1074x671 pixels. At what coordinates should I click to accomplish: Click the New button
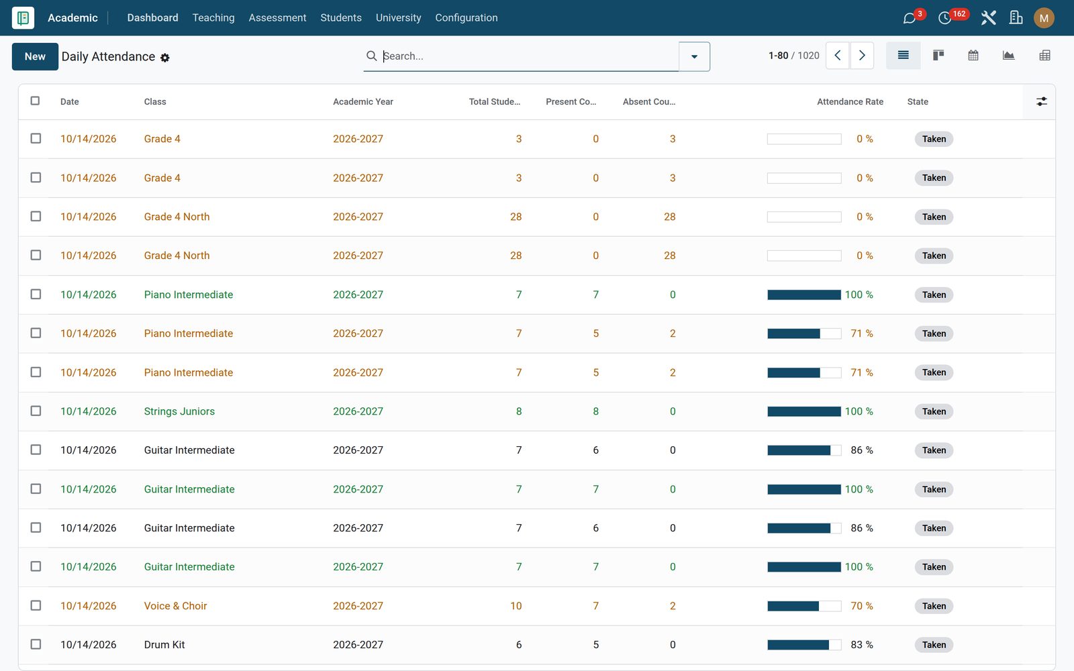(35, 56)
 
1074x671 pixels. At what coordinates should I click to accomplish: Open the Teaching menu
(213, 17)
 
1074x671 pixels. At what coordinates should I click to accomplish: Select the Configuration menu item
(467, 17)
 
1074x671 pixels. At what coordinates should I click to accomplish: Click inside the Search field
(528, 56)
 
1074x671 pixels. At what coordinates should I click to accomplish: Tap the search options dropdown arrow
(694, 56)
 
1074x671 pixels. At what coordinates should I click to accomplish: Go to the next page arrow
(862, 56)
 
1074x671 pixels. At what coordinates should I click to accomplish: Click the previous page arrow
(838, 56)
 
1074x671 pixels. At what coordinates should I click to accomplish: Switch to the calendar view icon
(973, 56)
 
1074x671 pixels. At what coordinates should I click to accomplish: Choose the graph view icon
(1008, 56)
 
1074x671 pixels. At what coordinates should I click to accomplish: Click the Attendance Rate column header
(850, 101)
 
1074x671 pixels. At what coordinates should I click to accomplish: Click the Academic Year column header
(363, 101)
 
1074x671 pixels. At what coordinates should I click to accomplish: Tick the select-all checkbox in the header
(35, 101)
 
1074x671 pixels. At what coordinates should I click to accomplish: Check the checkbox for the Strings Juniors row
(36, 411)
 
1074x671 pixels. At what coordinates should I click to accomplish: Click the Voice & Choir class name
(175, 606)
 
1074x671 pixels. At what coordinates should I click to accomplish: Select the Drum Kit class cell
(164, 645)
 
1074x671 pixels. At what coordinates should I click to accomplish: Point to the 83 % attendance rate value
(862, 645)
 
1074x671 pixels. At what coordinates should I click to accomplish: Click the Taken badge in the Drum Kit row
(934, 645)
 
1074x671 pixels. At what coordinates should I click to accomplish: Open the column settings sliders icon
(1041, 101)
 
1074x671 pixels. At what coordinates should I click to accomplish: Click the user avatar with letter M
(1044, 18)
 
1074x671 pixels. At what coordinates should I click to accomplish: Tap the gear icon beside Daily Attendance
(165, 58)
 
